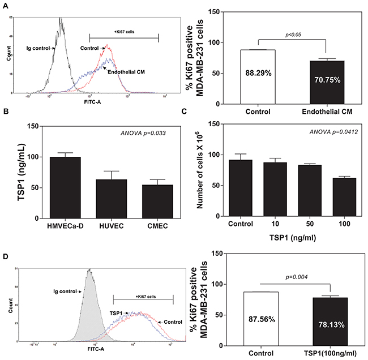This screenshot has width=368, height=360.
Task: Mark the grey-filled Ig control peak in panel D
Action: (89, 306)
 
